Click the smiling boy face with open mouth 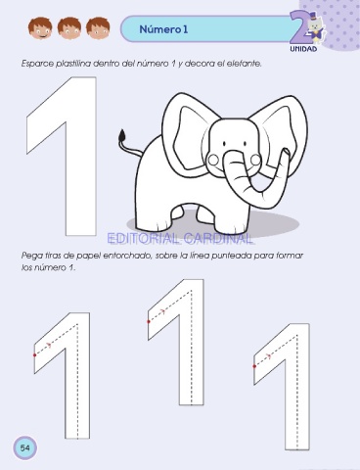pos(40,28)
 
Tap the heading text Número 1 pos(163,29)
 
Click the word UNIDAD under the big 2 pos(303,49)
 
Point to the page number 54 pos(24,447)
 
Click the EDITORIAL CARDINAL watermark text pos(180,239)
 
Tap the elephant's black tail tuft pos(122,135)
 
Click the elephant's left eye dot pos(224,144)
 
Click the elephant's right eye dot pos(246,143)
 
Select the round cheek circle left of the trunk pos(213,160)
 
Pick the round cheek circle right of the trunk pos(255,160)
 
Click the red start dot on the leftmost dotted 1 pos(35,354)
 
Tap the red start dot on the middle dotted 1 pos(149,321)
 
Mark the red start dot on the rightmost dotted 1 pos(254,366)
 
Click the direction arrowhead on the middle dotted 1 pos(163,311)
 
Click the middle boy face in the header pos(69,28)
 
